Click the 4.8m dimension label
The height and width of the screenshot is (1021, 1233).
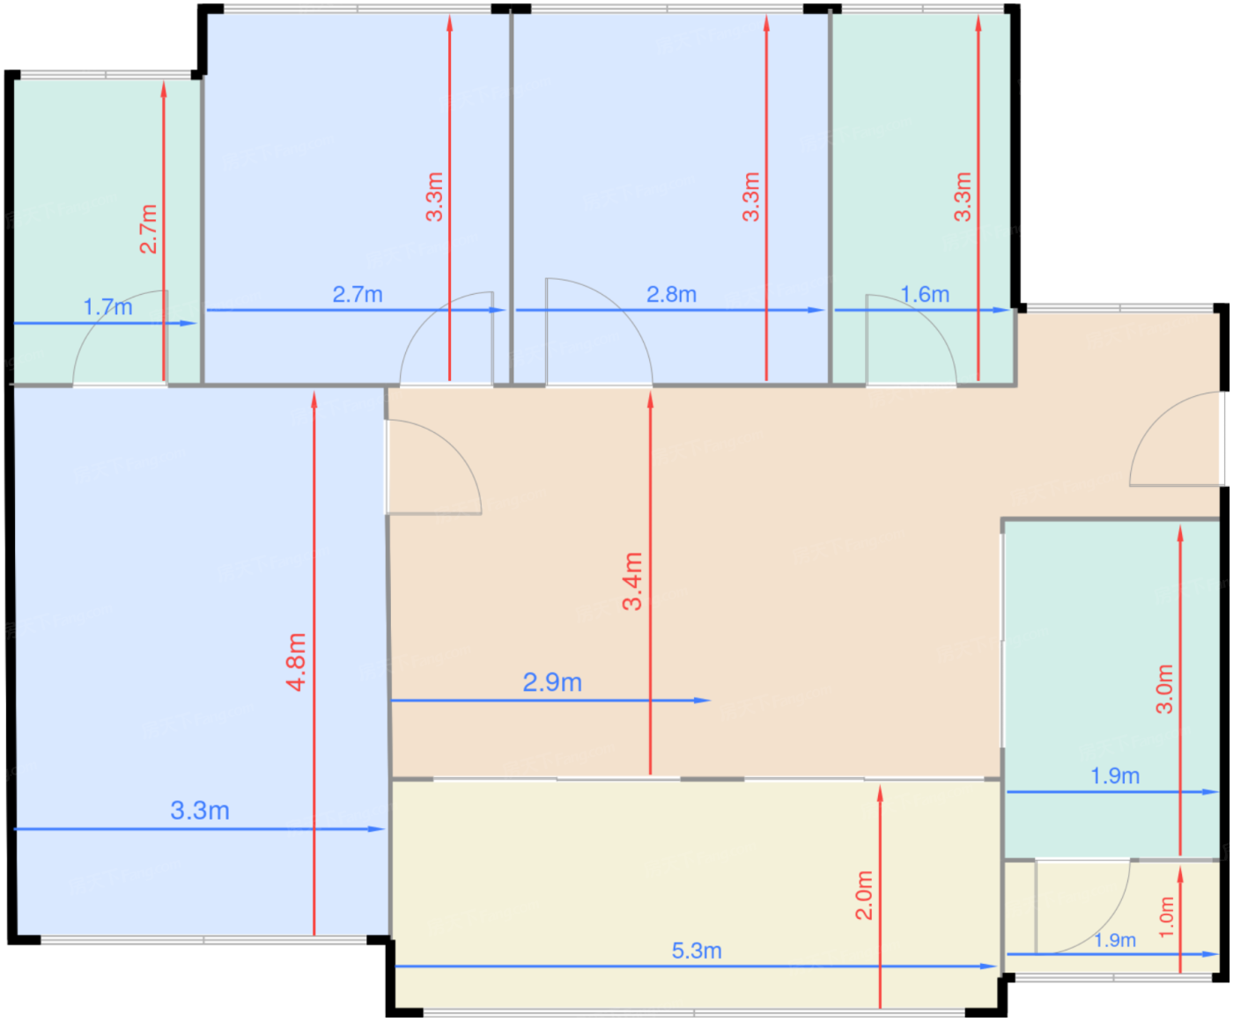tap(296, 662)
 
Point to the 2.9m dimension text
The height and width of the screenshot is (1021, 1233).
tap(552, 683)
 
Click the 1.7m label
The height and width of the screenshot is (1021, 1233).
tap(108, 307)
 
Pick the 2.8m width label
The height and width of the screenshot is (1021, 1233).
tap(671, 295)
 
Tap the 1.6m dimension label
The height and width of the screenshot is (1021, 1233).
tap(925, 295)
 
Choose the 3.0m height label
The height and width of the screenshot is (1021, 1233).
tap(1164, 689)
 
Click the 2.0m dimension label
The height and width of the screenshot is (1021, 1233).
tap(864, 895)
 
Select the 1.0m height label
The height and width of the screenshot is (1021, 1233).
tap(1166, 917)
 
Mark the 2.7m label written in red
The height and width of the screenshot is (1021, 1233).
tap(148, 229)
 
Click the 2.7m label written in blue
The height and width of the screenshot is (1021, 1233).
tap(358, 295)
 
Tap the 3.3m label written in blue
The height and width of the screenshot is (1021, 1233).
tap(200, 811)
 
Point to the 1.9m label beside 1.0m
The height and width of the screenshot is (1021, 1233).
tap(1115, 940)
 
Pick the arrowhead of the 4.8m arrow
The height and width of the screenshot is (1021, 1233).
tap(314, 400)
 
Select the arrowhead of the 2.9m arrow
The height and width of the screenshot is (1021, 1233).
tap(702, 701)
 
